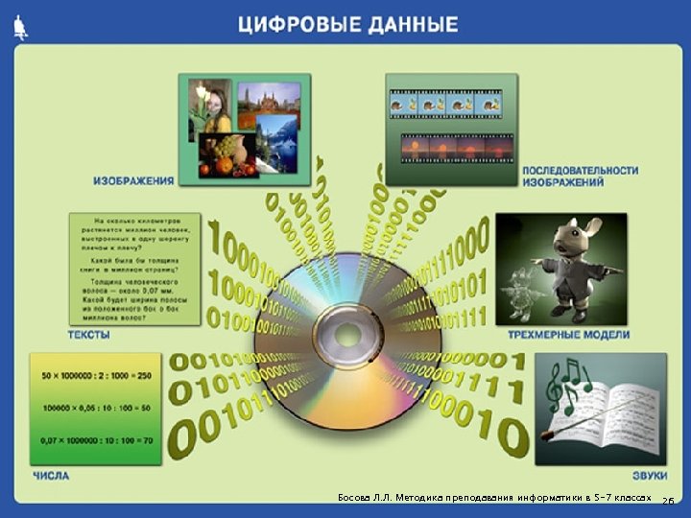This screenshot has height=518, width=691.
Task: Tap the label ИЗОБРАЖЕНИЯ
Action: (x=133, y=179)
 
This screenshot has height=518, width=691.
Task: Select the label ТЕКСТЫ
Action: (x=87, y=336)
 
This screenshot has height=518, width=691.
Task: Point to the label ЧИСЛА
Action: (x=51, y=475)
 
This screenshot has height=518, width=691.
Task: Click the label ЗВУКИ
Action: (x=649, y=475)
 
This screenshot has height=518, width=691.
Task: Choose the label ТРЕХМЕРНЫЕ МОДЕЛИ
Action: (x=568, y=335)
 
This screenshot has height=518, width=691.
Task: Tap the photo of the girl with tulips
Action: (x=211, y=107)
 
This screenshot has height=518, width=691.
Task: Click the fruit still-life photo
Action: (x=226, y=155)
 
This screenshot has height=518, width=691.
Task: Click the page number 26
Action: (x=669, y=501)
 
